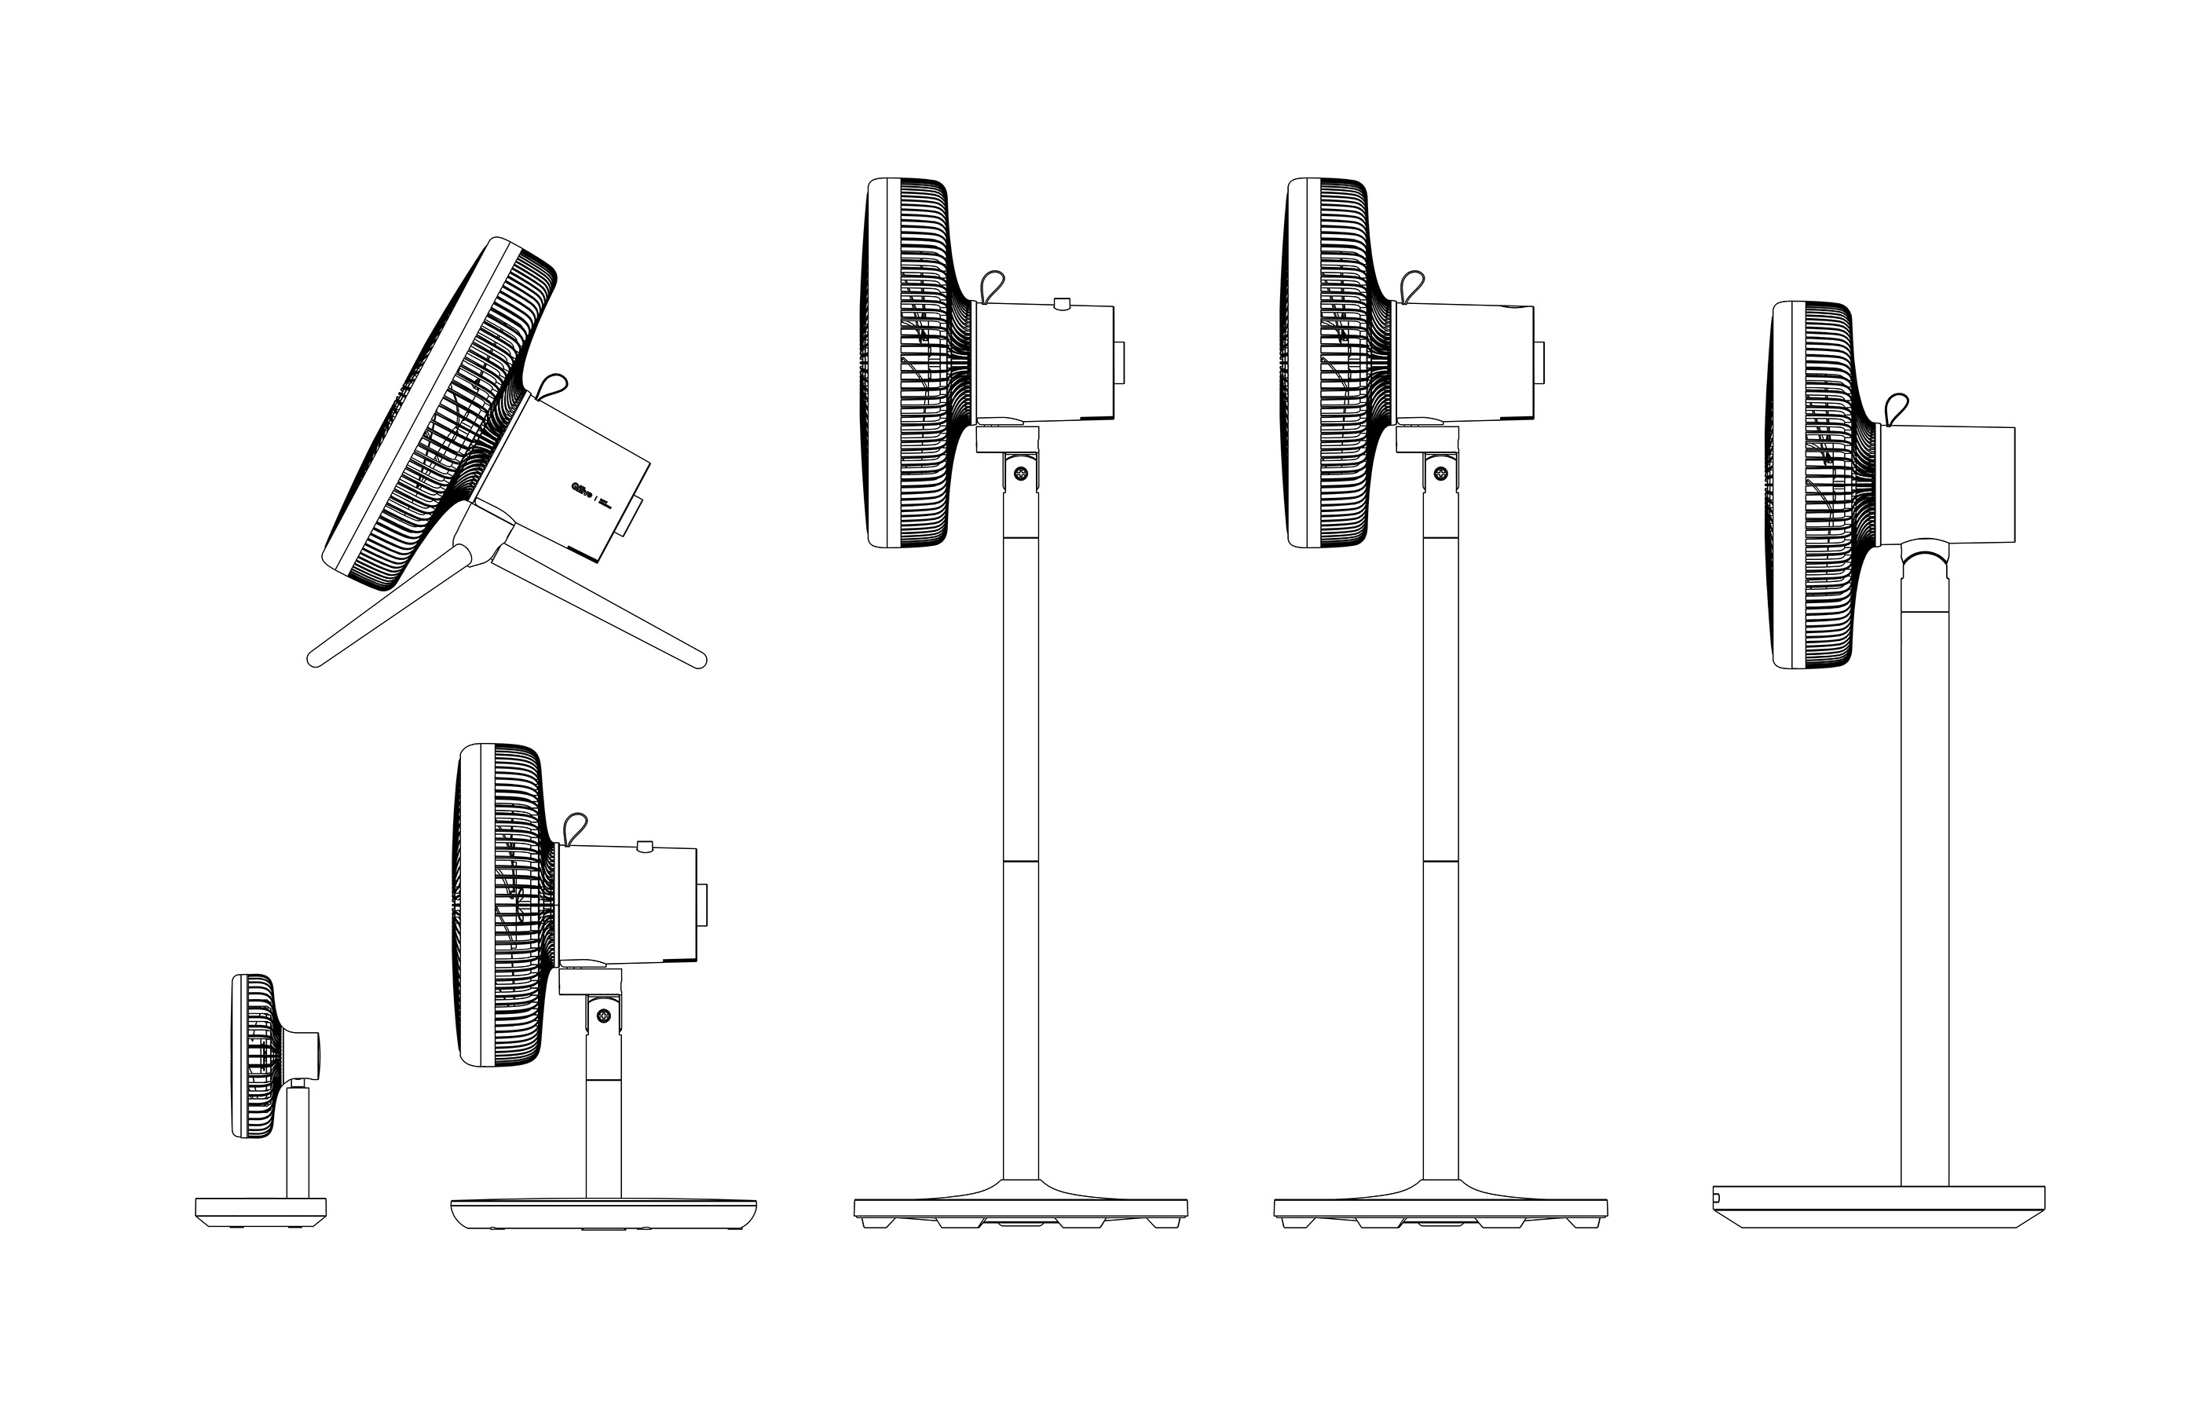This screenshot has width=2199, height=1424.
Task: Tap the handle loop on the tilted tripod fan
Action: tap(554, 386)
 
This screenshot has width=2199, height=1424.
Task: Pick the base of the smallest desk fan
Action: tap(261, 1207)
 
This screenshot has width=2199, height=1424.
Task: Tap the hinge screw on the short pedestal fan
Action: tap(604, 1016)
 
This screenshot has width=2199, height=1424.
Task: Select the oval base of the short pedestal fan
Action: tap(603, 1214)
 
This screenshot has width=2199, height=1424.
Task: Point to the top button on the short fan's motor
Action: tap(646, 844)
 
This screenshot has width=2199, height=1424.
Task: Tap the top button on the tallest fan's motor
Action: tap(1062, 302)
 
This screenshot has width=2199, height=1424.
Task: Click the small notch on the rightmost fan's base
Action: tap(1717, 1197)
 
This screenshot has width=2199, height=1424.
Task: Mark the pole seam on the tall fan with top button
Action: tap(1021, 862)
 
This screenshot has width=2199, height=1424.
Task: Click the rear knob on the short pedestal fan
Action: tap(703, 906)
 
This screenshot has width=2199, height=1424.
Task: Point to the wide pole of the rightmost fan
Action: tap(1925, 887)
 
